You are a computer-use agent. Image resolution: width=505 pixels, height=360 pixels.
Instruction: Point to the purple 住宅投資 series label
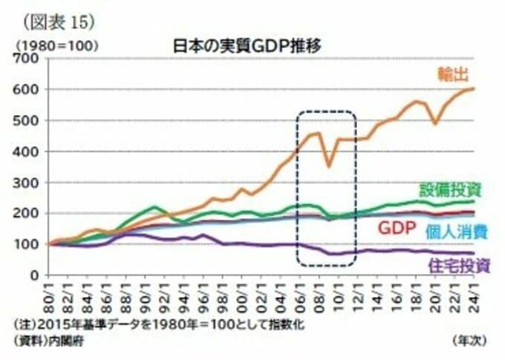[x=458, y=264]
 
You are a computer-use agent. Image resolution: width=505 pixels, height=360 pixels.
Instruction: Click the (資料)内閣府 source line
[x=50, y=340]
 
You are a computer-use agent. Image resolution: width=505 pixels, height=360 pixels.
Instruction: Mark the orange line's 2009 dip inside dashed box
[x=329, y=166]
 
